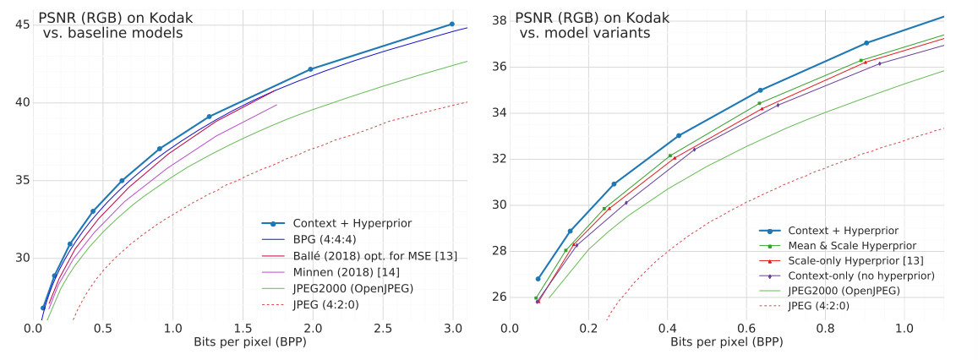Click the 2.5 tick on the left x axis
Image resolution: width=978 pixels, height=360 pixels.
384,328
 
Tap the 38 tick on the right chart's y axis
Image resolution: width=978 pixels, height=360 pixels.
499,20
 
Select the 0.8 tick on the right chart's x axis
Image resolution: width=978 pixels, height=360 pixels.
826,328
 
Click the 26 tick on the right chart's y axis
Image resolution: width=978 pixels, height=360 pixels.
499,297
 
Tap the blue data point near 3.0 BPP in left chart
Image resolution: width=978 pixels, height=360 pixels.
451,25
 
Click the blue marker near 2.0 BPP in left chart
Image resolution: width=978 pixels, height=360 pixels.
310,69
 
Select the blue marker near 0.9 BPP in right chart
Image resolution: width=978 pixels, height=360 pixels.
866,43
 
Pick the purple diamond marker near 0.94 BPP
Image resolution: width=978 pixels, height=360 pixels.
879,63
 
